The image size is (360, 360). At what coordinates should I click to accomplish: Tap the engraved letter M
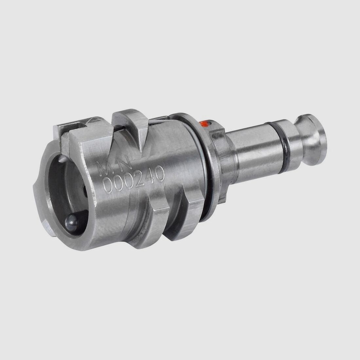(105, 168)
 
